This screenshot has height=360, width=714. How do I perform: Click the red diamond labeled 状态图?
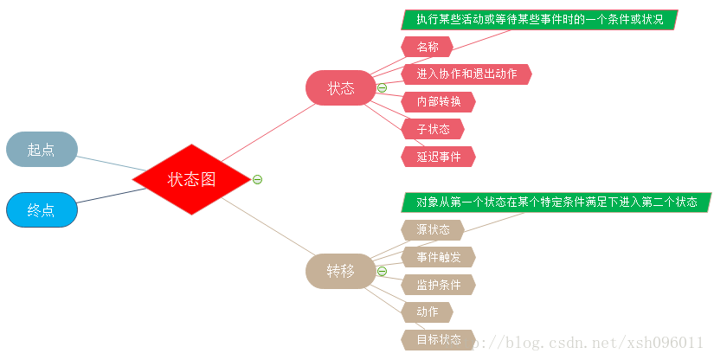(x=191, y=179)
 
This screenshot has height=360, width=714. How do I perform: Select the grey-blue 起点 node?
(x=42, y=149)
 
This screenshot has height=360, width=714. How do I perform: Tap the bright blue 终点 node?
(x=42, y=209)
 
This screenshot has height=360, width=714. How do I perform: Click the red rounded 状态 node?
(x=340, y=87)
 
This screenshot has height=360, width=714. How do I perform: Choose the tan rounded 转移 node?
(x=340, y=271)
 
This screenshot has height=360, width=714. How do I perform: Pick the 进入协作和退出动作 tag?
(x=466, y=74)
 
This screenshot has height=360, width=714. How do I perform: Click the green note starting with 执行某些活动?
(x=538, y=19)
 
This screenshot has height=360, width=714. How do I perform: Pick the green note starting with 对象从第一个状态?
(x=556, y=202)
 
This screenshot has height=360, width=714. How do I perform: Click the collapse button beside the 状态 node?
(x=382, y=87)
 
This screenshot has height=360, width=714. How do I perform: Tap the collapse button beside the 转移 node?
(x=382, y=271)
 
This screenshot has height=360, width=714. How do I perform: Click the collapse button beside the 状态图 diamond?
(x=257, y=179)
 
